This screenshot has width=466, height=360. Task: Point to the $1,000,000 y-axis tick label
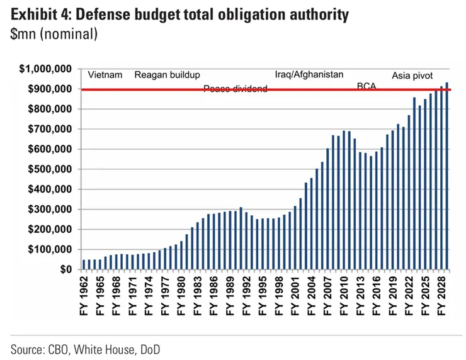pyautogui.click(x=46, y=69)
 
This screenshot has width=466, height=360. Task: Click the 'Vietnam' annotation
pyautogui.click(x=105, y=75)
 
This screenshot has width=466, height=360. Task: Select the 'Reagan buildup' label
pyautogui.click(x=167, y=75)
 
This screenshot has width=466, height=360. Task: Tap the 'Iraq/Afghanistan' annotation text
pyautogui.click(x=309, y=74)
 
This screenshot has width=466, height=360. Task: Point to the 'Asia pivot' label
pyautogui.click(x=412, y=76)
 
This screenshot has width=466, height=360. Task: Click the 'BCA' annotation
pyautogui.click(x=366, y=86)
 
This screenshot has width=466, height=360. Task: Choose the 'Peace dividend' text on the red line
pyautogui.click(x=235, y=89)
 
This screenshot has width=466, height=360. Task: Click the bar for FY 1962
pyautogui.click(x=84, y=264)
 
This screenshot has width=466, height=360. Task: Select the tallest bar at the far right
pyautogui.click(x=446, y=176)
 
